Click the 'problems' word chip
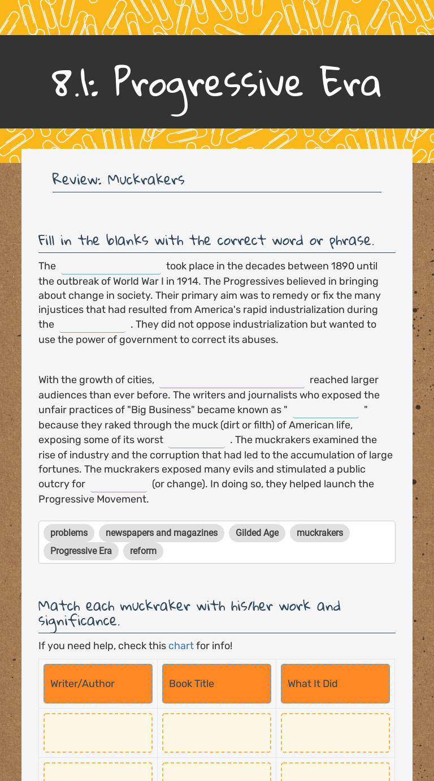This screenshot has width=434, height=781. click(69, 533)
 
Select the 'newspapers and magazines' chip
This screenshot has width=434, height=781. click(162, 533)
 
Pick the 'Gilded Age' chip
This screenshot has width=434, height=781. click(257, 533)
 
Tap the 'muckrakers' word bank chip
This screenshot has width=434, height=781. click(320, 533)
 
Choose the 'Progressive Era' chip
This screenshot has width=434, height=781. click(81, 551)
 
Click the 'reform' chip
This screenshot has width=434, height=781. click(143, 551)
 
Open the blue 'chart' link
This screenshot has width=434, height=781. click(181, 646)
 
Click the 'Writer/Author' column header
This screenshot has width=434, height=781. click(98, 684)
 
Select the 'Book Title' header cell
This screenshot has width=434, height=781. click(216, 684)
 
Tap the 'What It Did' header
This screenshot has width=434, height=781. click(335, 684)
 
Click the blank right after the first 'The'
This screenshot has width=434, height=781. click(111, 267)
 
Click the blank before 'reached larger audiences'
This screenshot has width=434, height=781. click(232, 380)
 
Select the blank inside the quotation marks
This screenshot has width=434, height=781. click(325, 410)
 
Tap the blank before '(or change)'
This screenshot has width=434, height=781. click(118, 484)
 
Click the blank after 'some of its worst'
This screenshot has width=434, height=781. click(197, 440)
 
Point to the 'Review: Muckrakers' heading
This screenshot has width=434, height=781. click(118, 179)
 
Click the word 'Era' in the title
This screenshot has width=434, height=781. click(350, 83)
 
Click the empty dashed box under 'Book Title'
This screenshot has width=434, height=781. click(216, 733)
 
